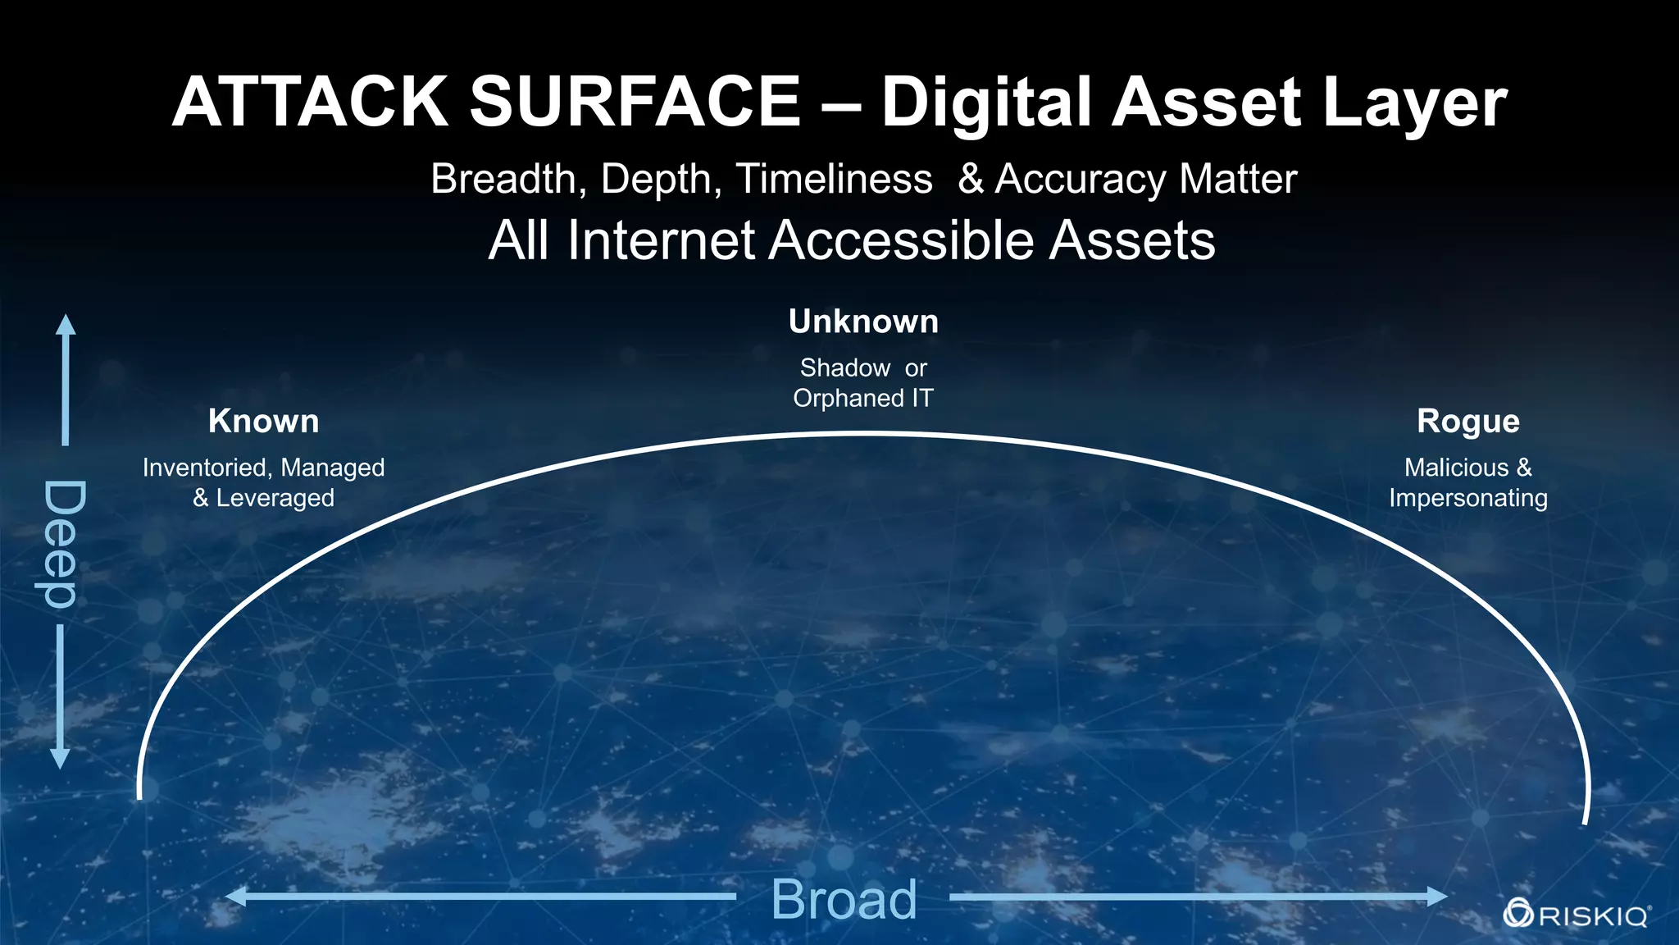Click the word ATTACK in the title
[x=310, y=103]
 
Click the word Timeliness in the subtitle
[x=834, y=179]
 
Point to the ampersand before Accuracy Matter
[x=971, y=179]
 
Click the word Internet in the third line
[x=660, y=240]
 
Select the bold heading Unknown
[x=863, y=322]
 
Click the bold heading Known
[x=263, y=421]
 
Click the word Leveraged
[x=275, y=498]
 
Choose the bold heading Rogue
[x=1468, y=421]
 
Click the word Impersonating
[x=1468, y=498]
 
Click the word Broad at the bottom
[x=844, y=899]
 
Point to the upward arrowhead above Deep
[x=66, y=324]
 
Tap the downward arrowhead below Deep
[x=60, y=759]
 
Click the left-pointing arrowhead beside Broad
[x=235, y=897]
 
